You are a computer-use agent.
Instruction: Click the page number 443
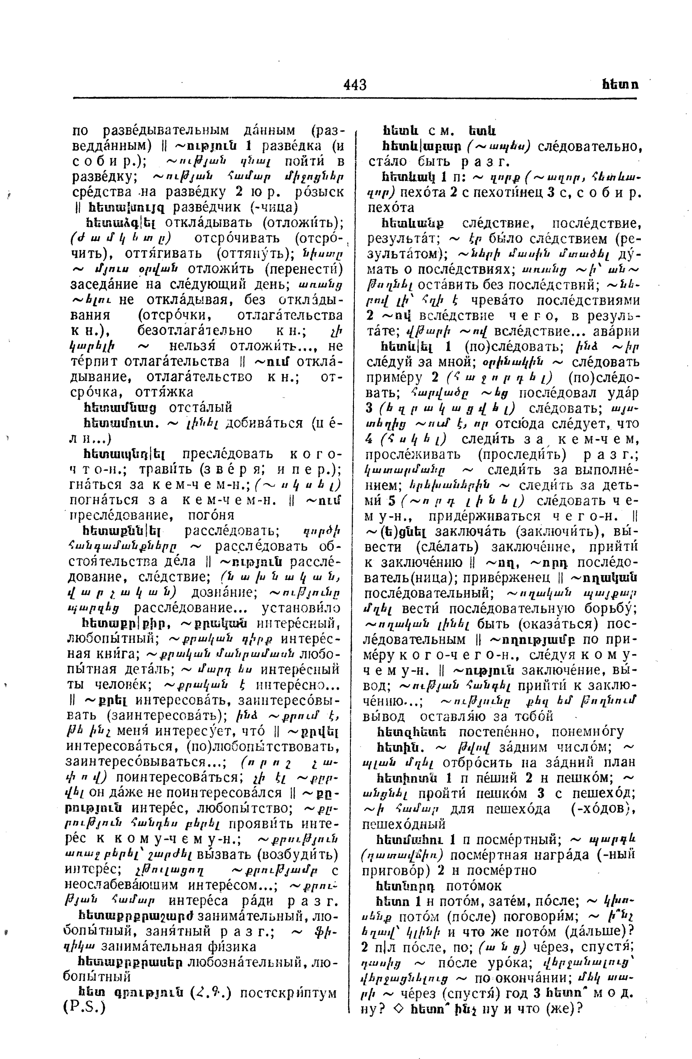[x=355, y=84]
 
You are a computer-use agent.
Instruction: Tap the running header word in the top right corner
[x=620, y=84]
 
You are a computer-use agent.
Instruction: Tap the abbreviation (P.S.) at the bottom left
[x=85, y=1008]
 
